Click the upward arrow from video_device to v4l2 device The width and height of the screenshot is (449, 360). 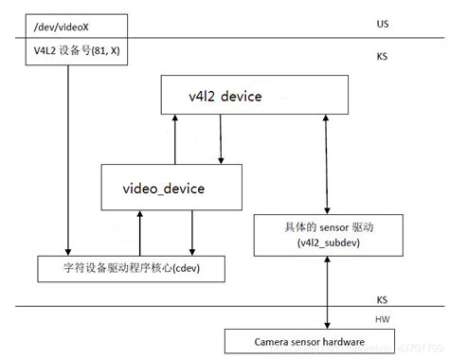(176, 137)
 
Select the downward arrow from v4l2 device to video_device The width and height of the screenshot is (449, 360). (222, 137)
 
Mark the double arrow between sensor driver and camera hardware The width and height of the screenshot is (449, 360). (327, 291)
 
